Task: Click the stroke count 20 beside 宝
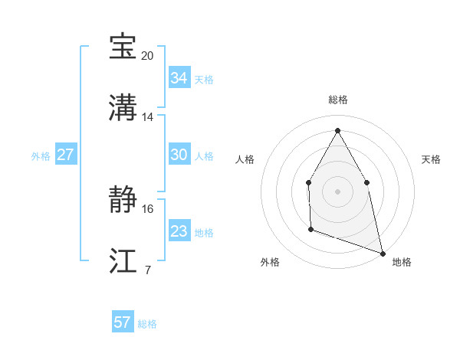(148, 56)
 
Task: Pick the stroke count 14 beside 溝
(148, 117)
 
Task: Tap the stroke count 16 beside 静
(148, 208)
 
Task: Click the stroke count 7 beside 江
(147, 270)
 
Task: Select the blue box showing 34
(179, 78)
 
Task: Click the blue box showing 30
(179, 155)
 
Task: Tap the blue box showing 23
(179, 231)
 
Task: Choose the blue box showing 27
(65, 155)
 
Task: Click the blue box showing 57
(123, 322)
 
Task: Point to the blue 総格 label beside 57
(147, 324)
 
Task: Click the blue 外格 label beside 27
(41, 156)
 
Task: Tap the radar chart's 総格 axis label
(337, 100)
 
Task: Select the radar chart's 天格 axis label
(431, 159)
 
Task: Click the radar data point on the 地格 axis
(382, 252)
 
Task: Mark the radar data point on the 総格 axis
(337, 129)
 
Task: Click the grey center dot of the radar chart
(337, 191)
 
